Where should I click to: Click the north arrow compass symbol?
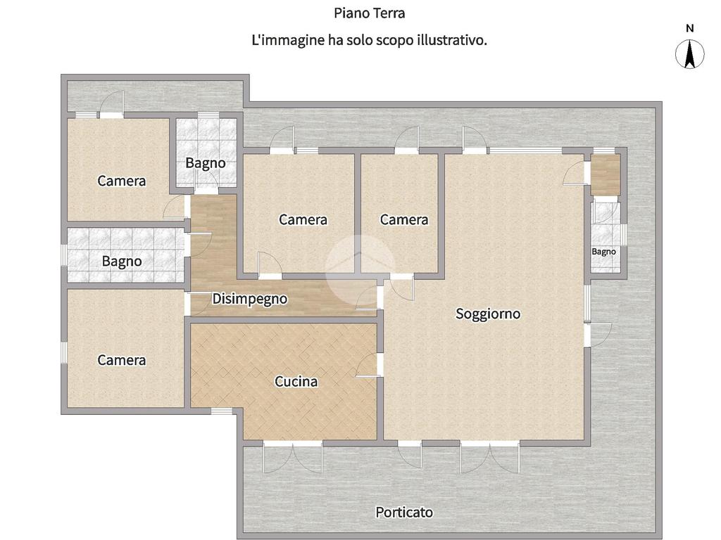pos(689,53)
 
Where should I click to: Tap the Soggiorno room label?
pos(488,314)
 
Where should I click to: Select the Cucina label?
pos(296,382)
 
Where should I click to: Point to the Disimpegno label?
pos(250,299)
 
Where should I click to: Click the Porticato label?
pos(404,512)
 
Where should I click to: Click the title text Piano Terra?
pos(369,13)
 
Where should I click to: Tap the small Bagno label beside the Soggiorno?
pos(603,252)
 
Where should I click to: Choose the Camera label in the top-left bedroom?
pos(121,181)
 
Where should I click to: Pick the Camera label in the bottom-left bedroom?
pos(121,360)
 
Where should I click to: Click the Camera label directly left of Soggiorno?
pos(403,219)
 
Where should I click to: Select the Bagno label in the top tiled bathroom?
pos(206,163)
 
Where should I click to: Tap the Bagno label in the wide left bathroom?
pos(122,262)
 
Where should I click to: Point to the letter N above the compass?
pos(690,28)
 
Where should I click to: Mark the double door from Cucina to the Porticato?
pos(293,457)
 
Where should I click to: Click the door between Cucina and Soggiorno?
pos(369,366)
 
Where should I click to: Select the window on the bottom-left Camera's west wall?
pos(64,353)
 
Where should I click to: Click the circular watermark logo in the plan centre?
pos(360,269)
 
